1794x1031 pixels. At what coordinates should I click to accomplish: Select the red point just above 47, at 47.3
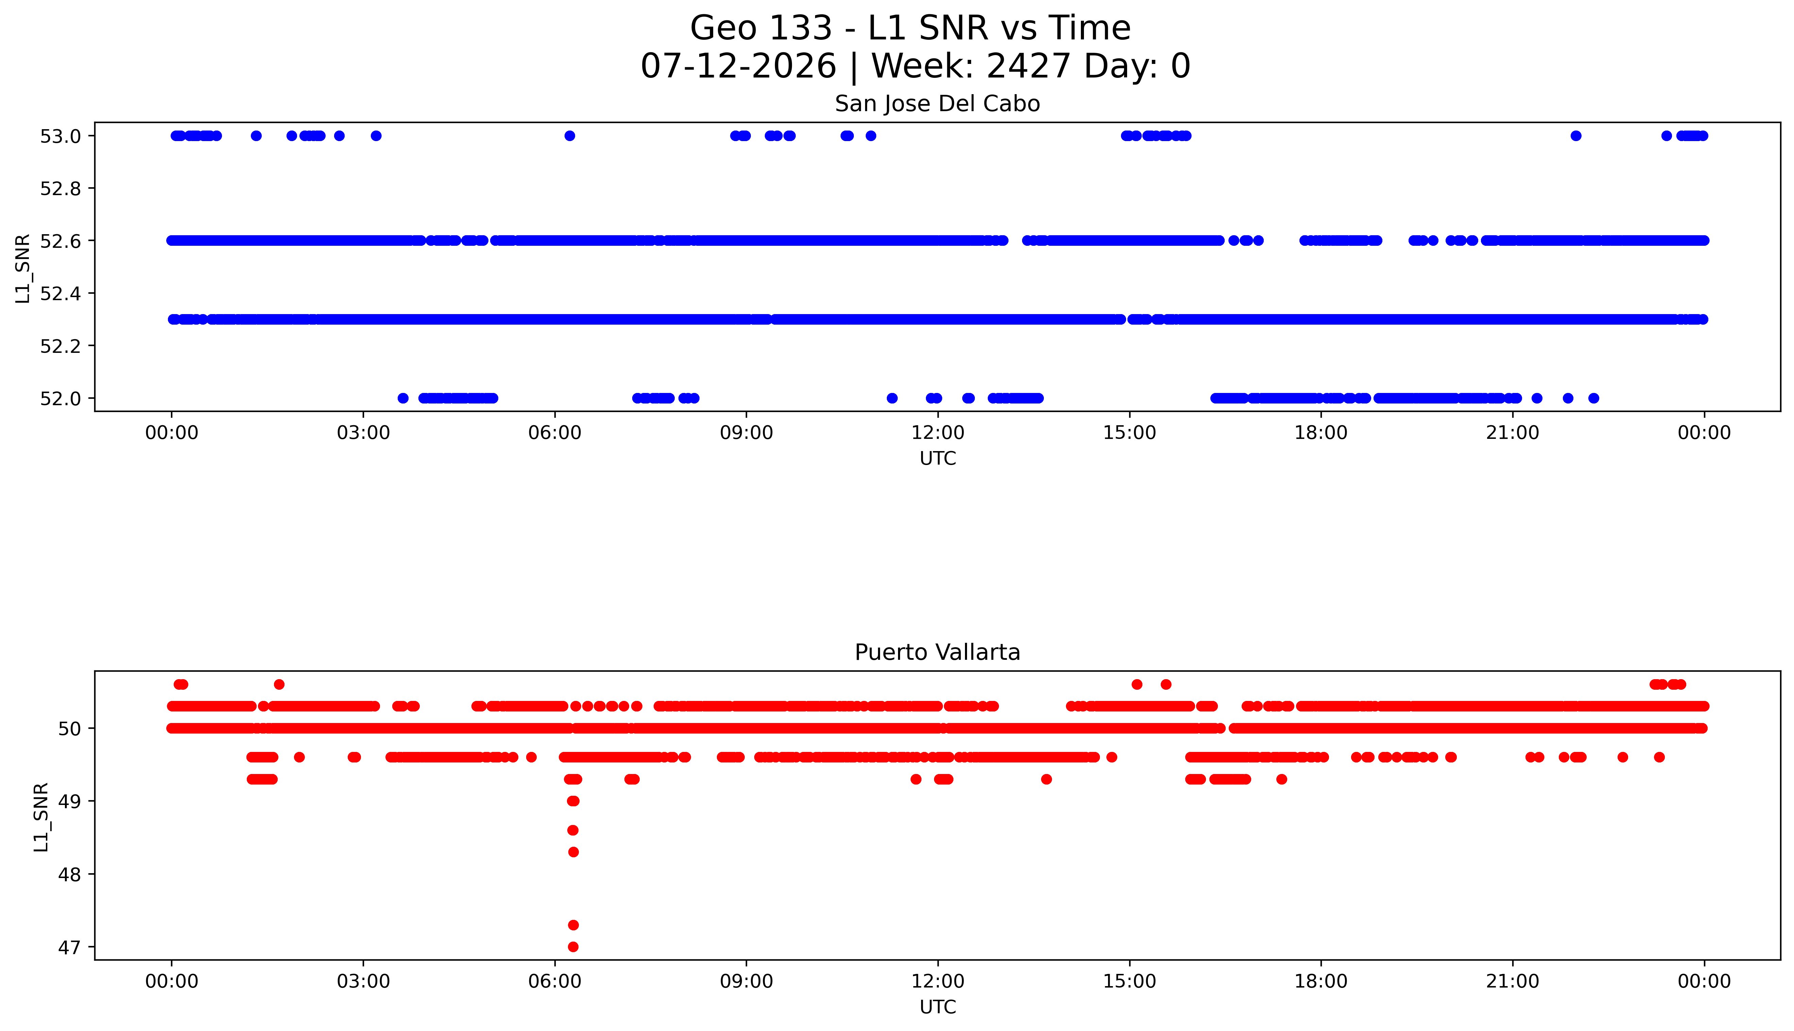tap(573, 925)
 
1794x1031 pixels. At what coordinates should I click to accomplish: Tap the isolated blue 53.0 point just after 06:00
tap(570, 136)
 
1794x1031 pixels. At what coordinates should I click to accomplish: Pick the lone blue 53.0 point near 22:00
tap(1576, 136)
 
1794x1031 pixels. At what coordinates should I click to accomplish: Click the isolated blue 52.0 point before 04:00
tap(403, 398)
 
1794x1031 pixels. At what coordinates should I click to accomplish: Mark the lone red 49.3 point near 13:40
tap(1046, 779)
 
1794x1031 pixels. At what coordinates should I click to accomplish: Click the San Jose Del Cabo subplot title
tap(937, 104)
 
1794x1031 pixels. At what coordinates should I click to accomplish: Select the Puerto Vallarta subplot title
tap(937, 652)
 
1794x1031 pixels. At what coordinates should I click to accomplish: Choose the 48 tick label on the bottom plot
tap(68, 874)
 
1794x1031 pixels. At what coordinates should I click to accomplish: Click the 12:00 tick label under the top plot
tap(938, 433)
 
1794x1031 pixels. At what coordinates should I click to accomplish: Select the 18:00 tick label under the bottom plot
tap(1321, 981)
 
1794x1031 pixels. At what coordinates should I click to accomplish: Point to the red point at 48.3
tap(573, 852)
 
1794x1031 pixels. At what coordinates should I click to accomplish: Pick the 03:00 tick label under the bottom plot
tap(363, 981)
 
